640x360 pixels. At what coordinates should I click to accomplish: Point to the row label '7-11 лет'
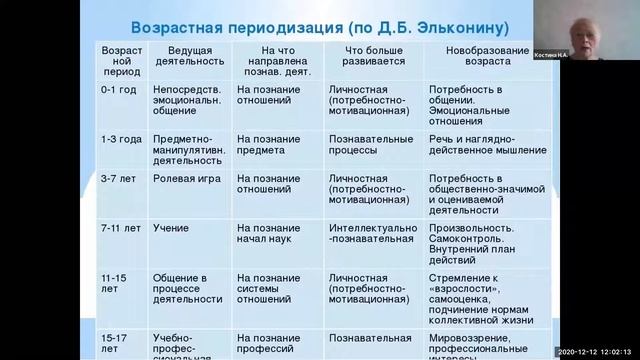[x=119, y=227]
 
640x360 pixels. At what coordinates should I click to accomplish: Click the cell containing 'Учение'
[x=171, y=227]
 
